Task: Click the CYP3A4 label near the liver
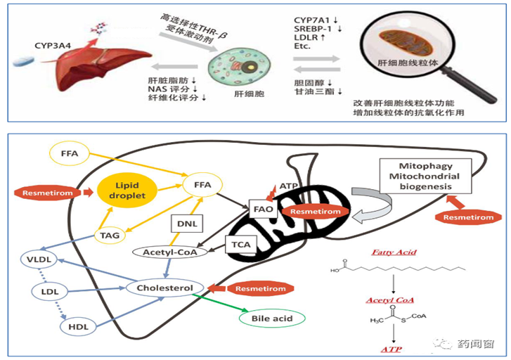pyautogui.click(x=51, y=45)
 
